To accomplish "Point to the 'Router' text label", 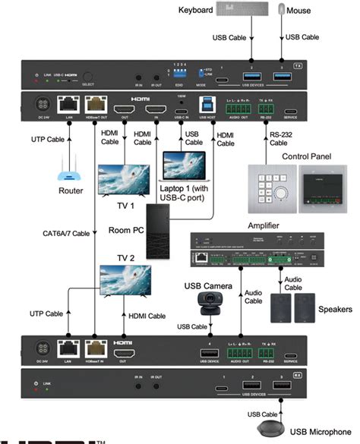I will (x=71, y=191).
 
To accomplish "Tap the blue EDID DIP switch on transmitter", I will (x=181, y=74).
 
